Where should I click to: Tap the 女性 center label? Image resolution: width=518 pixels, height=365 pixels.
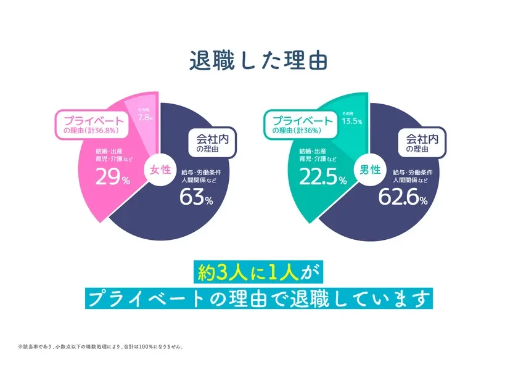[x=160, y=170]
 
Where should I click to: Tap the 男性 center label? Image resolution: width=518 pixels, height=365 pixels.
[x=368, y=170]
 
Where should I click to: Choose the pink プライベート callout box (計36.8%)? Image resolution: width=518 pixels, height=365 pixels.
[x=92, y=125]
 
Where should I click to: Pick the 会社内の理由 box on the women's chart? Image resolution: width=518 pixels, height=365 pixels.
[x=208, y=142]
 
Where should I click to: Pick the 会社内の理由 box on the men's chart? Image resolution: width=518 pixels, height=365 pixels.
[x=421, y=142]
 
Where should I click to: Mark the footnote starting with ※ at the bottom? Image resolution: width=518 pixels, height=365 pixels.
[x=101, y=346]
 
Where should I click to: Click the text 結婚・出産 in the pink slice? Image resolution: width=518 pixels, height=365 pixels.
[x=110, y=151]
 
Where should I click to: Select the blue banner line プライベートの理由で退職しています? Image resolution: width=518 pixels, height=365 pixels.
[x=258, y=299]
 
